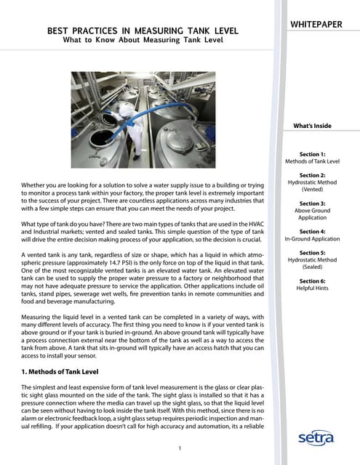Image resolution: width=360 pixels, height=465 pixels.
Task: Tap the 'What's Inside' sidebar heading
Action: pos(313,126)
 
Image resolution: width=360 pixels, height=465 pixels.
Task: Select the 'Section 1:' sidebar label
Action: pos(313,154)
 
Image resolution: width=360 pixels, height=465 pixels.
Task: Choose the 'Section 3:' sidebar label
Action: pos(313,204)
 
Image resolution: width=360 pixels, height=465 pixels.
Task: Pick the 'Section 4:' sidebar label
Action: pos(313,230)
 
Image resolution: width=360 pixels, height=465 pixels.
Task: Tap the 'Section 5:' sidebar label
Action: pos(313,254)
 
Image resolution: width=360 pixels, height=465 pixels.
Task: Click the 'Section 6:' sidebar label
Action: pos(313,280)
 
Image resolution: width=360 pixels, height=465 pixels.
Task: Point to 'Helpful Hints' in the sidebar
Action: pos(313,288)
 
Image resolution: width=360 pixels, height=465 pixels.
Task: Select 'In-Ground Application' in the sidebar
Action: pos(313,238)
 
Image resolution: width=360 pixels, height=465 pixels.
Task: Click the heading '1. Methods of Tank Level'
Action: pos(65,371)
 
